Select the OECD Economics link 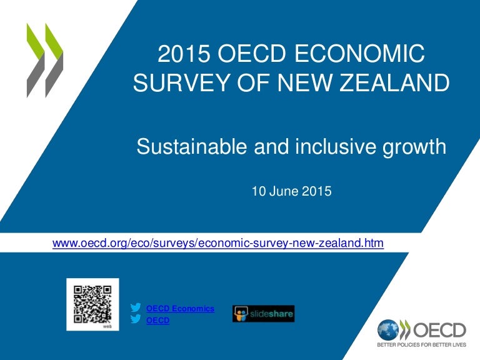point(180,309)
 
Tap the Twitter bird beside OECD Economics point(136,308)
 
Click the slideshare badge point(263,314)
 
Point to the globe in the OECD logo point(387,329)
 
